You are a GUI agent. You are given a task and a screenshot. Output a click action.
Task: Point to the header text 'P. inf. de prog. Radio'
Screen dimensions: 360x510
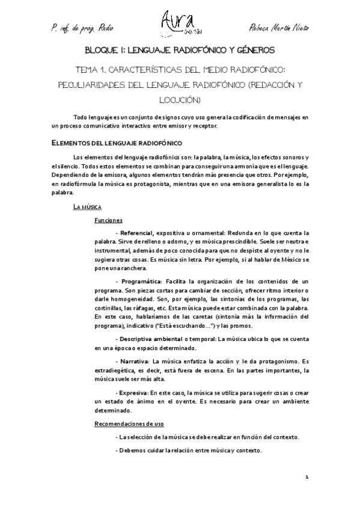tap(81, 28)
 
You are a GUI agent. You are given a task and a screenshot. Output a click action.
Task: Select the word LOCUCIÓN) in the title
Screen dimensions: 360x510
tap(180, 99)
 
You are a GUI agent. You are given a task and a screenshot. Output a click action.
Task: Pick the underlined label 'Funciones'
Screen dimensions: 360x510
tap(108, 220)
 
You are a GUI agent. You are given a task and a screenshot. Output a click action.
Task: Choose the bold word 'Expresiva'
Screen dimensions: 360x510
tap(134, 392)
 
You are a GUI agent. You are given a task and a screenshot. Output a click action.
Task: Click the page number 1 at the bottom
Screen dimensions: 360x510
tap(307, 478)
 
